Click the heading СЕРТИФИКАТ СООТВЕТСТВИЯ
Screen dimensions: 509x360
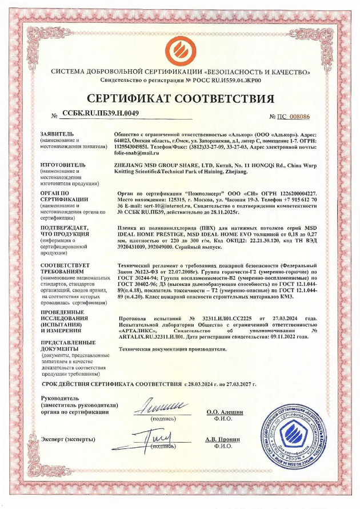click(180, 98)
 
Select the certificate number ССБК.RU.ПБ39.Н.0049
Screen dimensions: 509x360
click(101, 113)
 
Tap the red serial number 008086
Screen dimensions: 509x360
click(299, 116)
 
